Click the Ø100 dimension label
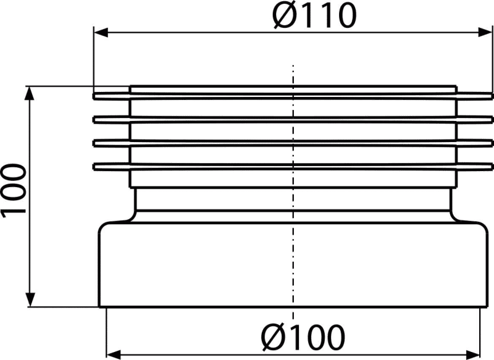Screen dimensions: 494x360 pos(303,337)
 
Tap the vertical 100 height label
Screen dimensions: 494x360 pos(13,191)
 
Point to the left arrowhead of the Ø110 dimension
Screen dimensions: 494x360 pos(101,32)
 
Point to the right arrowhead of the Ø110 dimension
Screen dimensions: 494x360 pos(485,32)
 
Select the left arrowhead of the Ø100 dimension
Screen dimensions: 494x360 pos(114,354)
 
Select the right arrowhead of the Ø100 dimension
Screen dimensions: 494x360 pos(473,354)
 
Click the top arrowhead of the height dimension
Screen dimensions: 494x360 pos(30,93)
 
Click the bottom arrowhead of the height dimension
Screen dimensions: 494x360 pos(30,299)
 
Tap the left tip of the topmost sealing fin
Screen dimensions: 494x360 pos(93,96)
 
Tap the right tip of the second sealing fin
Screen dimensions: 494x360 pos(493,119)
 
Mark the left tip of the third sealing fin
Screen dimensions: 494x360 pos(93,143)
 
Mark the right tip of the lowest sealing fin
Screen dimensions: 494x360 pos(493,166)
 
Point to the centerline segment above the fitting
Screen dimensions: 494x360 pos(293,75)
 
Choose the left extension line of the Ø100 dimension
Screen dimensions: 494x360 pos(106,332)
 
